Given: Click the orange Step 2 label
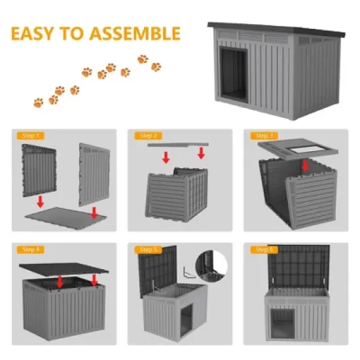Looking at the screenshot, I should click(x=147, y=135).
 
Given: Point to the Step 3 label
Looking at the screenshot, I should click(x=263, y=135).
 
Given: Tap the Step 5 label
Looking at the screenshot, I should click(x=147, y=249).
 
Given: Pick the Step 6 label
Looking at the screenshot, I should click(x=263, y=249).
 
